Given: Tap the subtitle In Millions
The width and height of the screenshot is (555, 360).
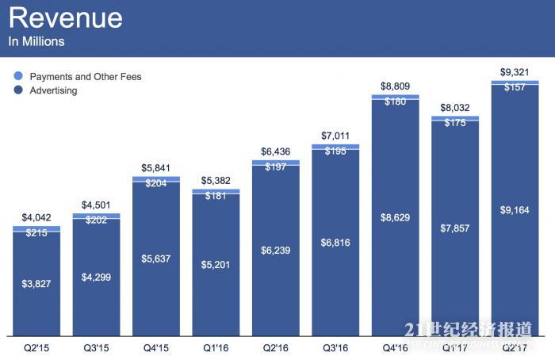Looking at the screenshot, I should point(37,41).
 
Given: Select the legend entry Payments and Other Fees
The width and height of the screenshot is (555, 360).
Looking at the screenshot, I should point(86,77).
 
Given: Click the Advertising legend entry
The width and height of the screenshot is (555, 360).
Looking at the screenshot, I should point(53,90).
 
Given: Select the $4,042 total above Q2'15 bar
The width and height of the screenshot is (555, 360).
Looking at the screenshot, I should point(36,217).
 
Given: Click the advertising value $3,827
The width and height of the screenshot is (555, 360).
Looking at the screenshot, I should point(36,283).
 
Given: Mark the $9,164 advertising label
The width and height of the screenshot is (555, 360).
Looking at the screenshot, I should point(515,211).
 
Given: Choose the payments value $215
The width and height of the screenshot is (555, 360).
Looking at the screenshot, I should point(36,233).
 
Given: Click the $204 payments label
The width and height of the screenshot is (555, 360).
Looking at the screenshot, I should point(156,182).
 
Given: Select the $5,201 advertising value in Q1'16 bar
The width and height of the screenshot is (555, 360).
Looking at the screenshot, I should point(216,264).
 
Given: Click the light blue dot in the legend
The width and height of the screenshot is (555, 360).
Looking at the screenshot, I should point(18,77).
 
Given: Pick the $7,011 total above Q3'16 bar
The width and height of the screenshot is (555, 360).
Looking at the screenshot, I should point(335,136).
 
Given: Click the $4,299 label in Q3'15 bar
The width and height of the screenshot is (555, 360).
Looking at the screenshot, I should point(96,277).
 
